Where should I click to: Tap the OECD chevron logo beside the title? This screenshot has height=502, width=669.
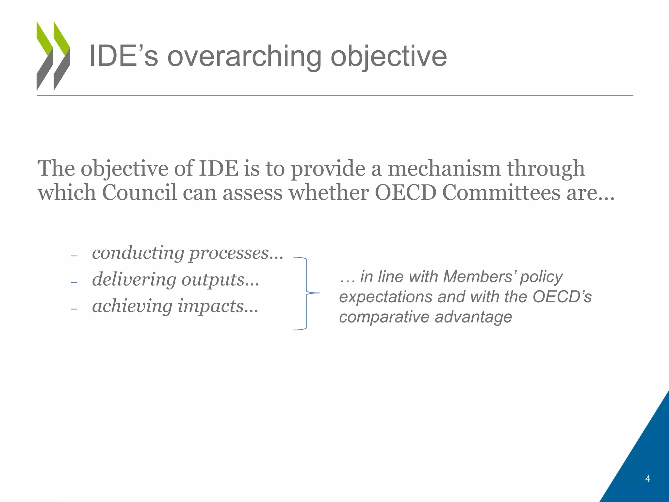[x=53, y=56]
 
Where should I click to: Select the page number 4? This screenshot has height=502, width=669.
[x=647, y=479]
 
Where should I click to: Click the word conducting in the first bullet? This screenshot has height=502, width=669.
[x=138, y=253]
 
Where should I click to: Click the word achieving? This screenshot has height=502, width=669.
[x=132, y=307]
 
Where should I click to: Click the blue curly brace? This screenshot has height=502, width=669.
[x=306, y=293]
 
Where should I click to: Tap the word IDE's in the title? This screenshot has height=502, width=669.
[x=123, y=56]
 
